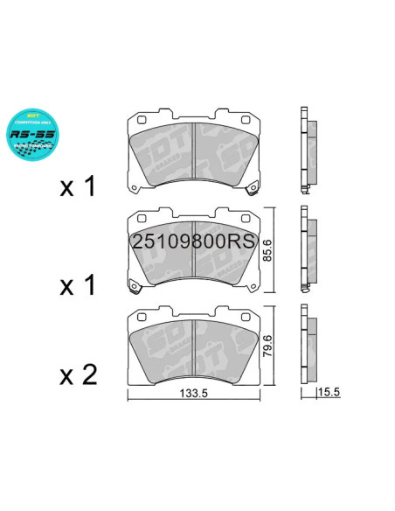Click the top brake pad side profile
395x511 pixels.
(x=307, y=150)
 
